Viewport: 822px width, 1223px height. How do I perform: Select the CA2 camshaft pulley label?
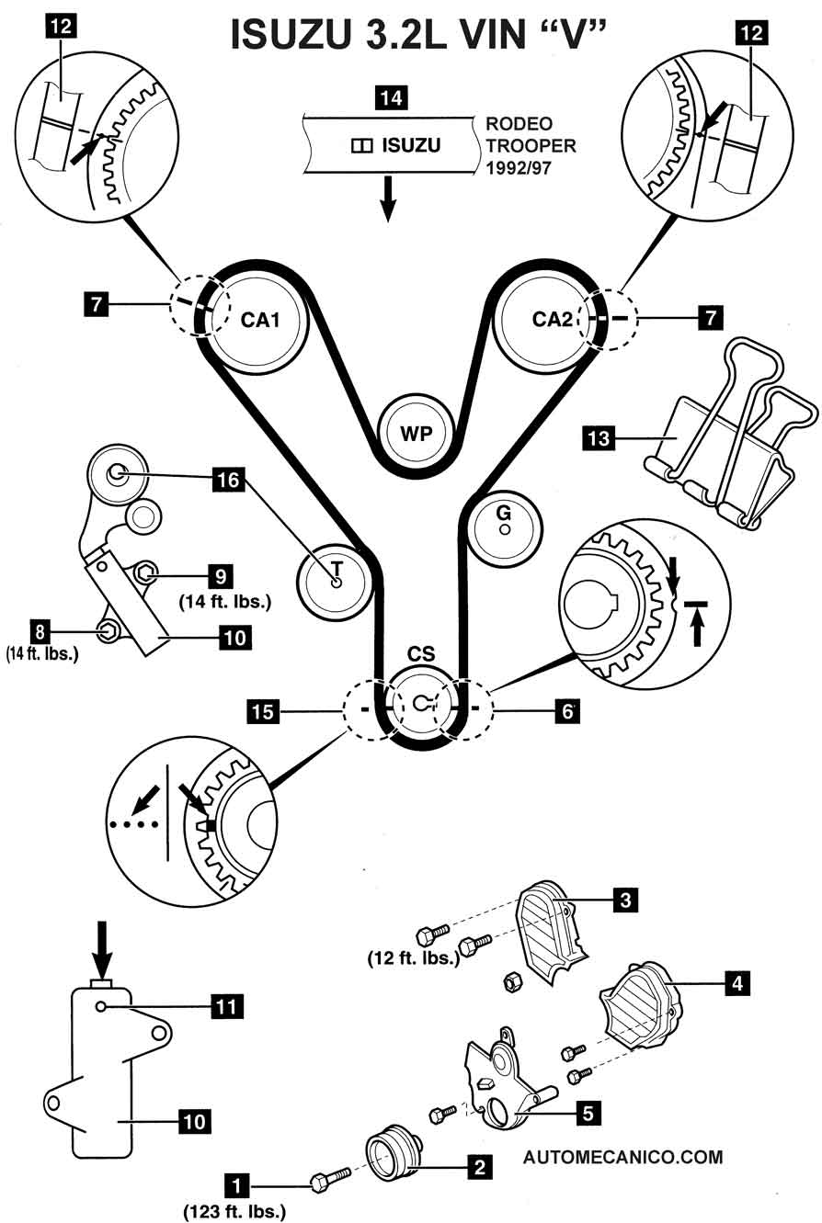pyautogui.click(x=553, y=319)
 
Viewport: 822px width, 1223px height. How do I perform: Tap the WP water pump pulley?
pyautogui.click(x=418, y=434)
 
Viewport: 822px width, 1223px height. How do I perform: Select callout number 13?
pyautogui.click(x=599, y=438)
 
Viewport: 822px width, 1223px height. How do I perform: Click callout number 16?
pyautogui.click(x=228, y=479)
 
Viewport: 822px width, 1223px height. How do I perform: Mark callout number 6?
pyautogui.click(x=568, y=709)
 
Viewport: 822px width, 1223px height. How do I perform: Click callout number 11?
pyautogui.click(x=227, y=1007)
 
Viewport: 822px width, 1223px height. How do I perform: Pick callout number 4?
pyautogui.click(x=735, y=983)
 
